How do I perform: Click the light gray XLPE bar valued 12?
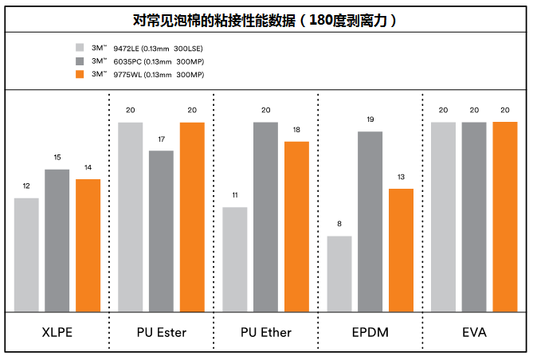(x=26, y=255)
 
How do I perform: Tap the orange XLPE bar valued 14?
(x=88, y=245)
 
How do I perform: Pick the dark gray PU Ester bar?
(x=161, y=231)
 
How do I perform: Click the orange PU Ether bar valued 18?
(x=296, y=226)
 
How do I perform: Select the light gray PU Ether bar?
(x=235, y=260)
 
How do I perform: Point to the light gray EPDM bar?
(x=339, y=274)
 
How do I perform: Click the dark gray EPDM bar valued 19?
(x=370, y=221)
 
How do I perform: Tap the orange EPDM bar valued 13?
(x=401, y=250)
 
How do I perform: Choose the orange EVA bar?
(x=504, y=217)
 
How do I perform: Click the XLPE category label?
(x=57, y=332)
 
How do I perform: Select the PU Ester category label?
(x=161, y=332)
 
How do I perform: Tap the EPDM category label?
(x=370, y=332)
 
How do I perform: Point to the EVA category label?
(x=473, y=332)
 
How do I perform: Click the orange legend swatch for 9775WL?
(x=80, y=75)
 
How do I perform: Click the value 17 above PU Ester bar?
(x=161, y=139)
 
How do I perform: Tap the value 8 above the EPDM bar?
(x=339, y=225)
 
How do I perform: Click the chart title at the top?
(x=265, y=20)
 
